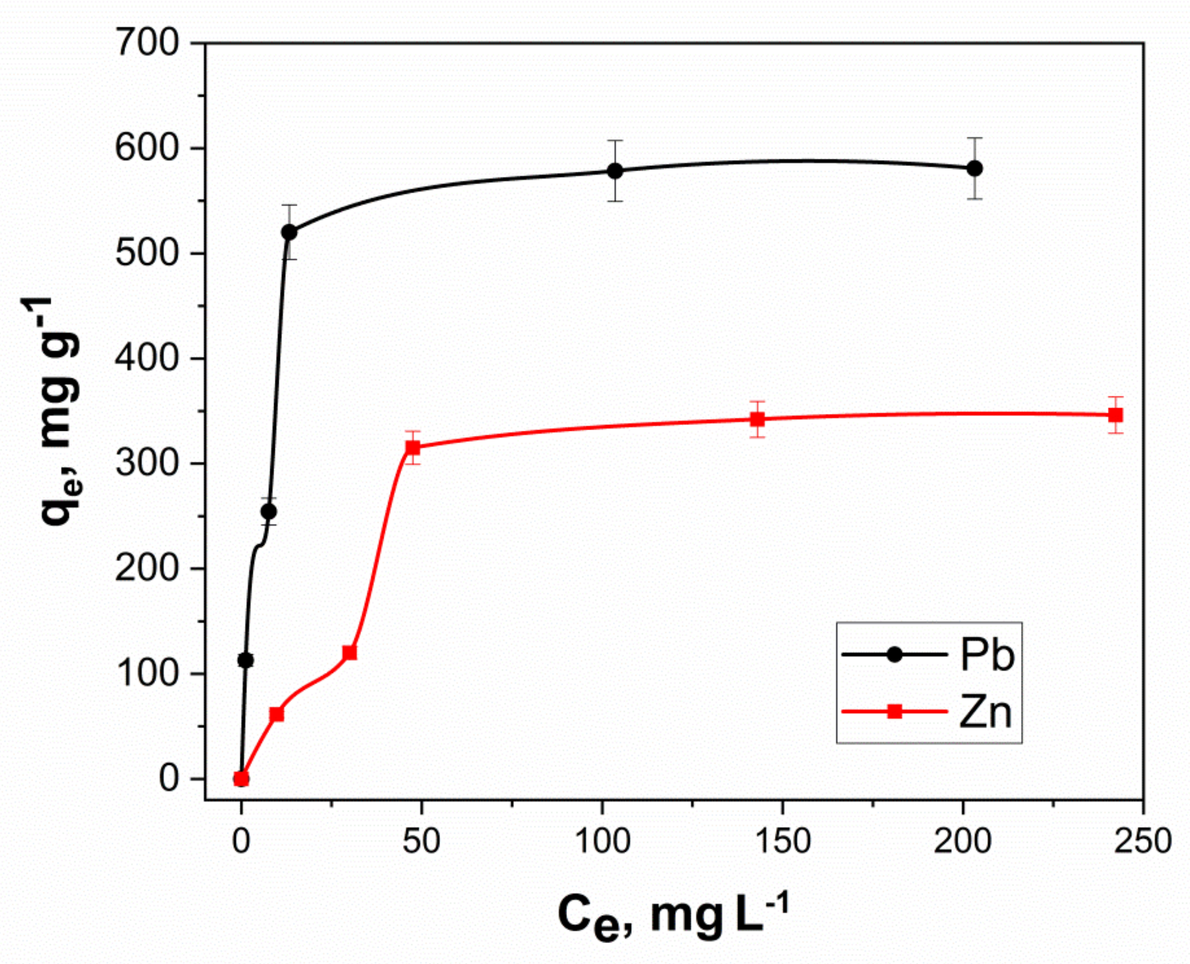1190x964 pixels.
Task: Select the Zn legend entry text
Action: coord(986,712)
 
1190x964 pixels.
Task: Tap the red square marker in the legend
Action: coord(895,711)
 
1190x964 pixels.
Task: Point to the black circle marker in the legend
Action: coord(895,655)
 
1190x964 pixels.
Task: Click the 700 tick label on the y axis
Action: coord(147,43)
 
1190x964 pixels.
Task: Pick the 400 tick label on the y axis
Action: coord(147,358)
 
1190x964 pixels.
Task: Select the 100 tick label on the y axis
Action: coord(147,674)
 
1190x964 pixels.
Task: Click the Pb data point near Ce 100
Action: coord(615,171)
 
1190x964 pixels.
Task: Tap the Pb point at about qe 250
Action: coord(268,512)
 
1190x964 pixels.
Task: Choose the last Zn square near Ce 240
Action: coord(1115,415)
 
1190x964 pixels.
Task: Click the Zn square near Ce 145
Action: coord(757,419)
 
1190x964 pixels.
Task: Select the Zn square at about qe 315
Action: coord(413,448)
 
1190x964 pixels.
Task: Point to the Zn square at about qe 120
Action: coord(349,653)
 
